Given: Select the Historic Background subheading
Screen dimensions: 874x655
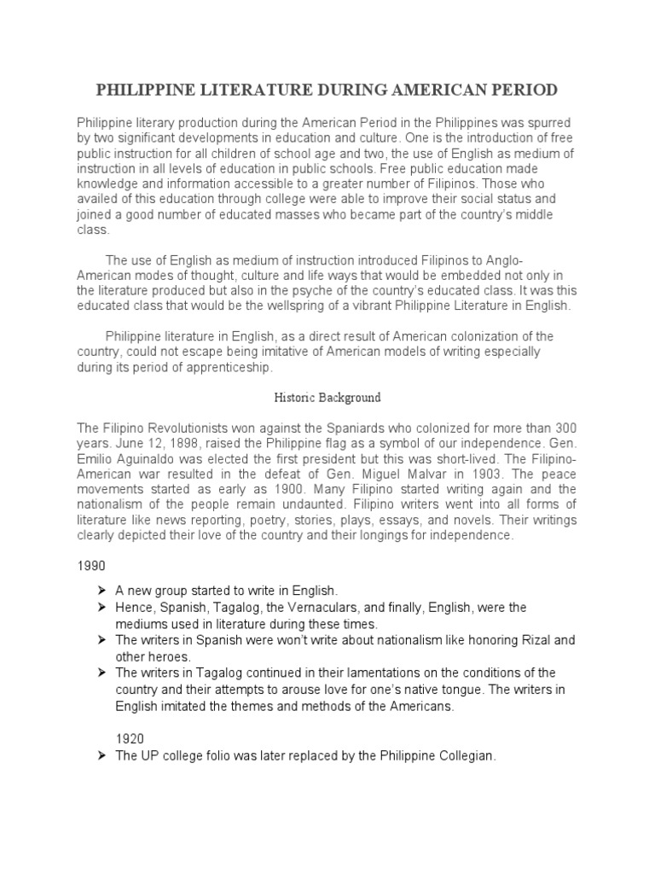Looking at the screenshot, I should pyautogui.click(x=327, y=398).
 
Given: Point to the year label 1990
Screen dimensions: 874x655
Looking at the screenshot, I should pyautogui.click(x=90, y=566).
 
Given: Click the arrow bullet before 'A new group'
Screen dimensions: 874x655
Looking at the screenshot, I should pyautogui.click(x=101, y=590).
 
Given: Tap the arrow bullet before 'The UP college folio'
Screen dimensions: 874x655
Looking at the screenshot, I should pyautogui.click(x=101, y=757).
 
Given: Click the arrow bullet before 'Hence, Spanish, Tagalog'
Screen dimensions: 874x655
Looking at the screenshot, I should pyautogui.click(x=101, y=608).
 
